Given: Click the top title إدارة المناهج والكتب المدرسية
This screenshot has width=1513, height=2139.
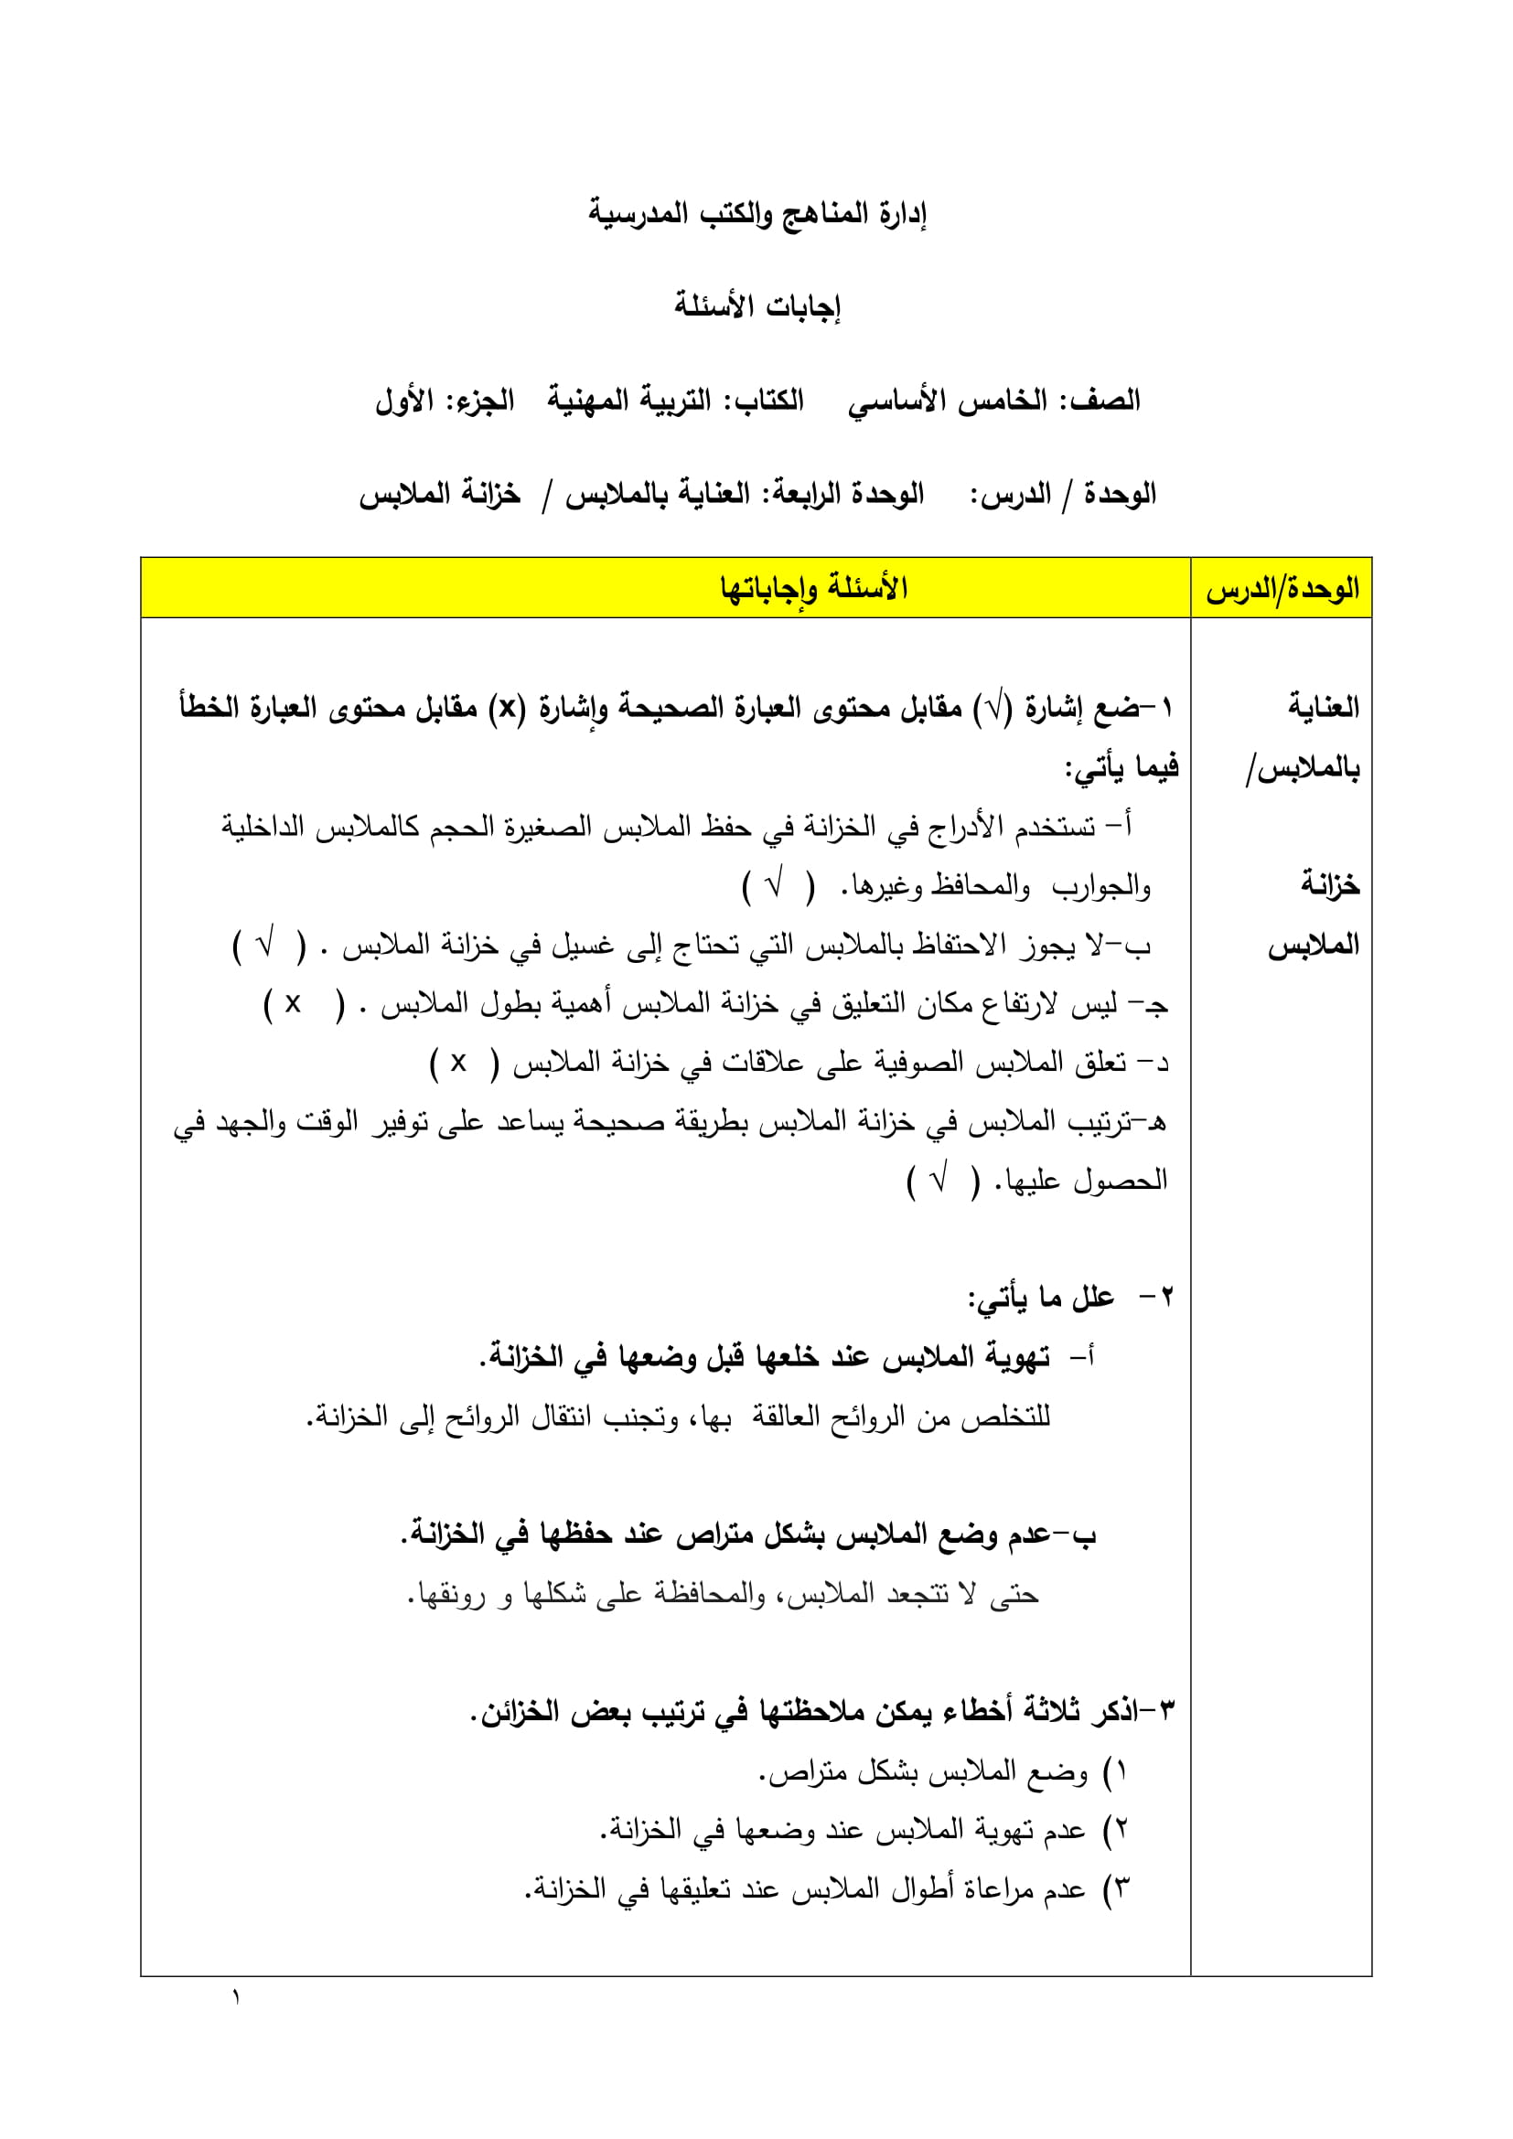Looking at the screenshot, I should click(x=756, y=214).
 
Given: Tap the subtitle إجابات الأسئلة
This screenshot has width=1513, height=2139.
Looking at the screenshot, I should click(x=756, y=306).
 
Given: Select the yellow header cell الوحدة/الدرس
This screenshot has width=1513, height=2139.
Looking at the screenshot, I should click(x=1281, y=589).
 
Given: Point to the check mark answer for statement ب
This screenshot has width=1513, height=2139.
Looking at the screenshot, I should click(x=266, y=944).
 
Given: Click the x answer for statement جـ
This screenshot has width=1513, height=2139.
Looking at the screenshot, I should click(x=293, y=1003).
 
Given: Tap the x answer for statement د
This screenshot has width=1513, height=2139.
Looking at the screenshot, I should click(x=458, y=1062).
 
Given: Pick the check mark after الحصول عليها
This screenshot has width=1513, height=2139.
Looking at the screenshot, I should click(x=939, y=1181).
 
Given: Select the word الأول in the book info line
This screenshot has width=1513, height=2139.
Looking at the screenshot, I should click(x=404, y=401).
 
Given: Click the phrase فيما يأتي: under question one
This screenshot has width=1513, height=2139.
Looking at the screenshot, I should click(x=1121, y=767).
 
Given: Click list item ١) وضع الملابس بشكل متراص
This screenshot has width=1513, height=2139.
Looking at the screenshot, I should click(x=941, y=1771).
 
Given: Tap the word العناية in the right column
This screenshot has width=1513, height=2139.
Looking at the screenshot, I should click(x=1323, y=707).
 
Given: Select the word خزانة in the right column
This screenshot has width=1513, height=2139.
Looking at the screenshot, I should click(x=1329, y=884).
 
